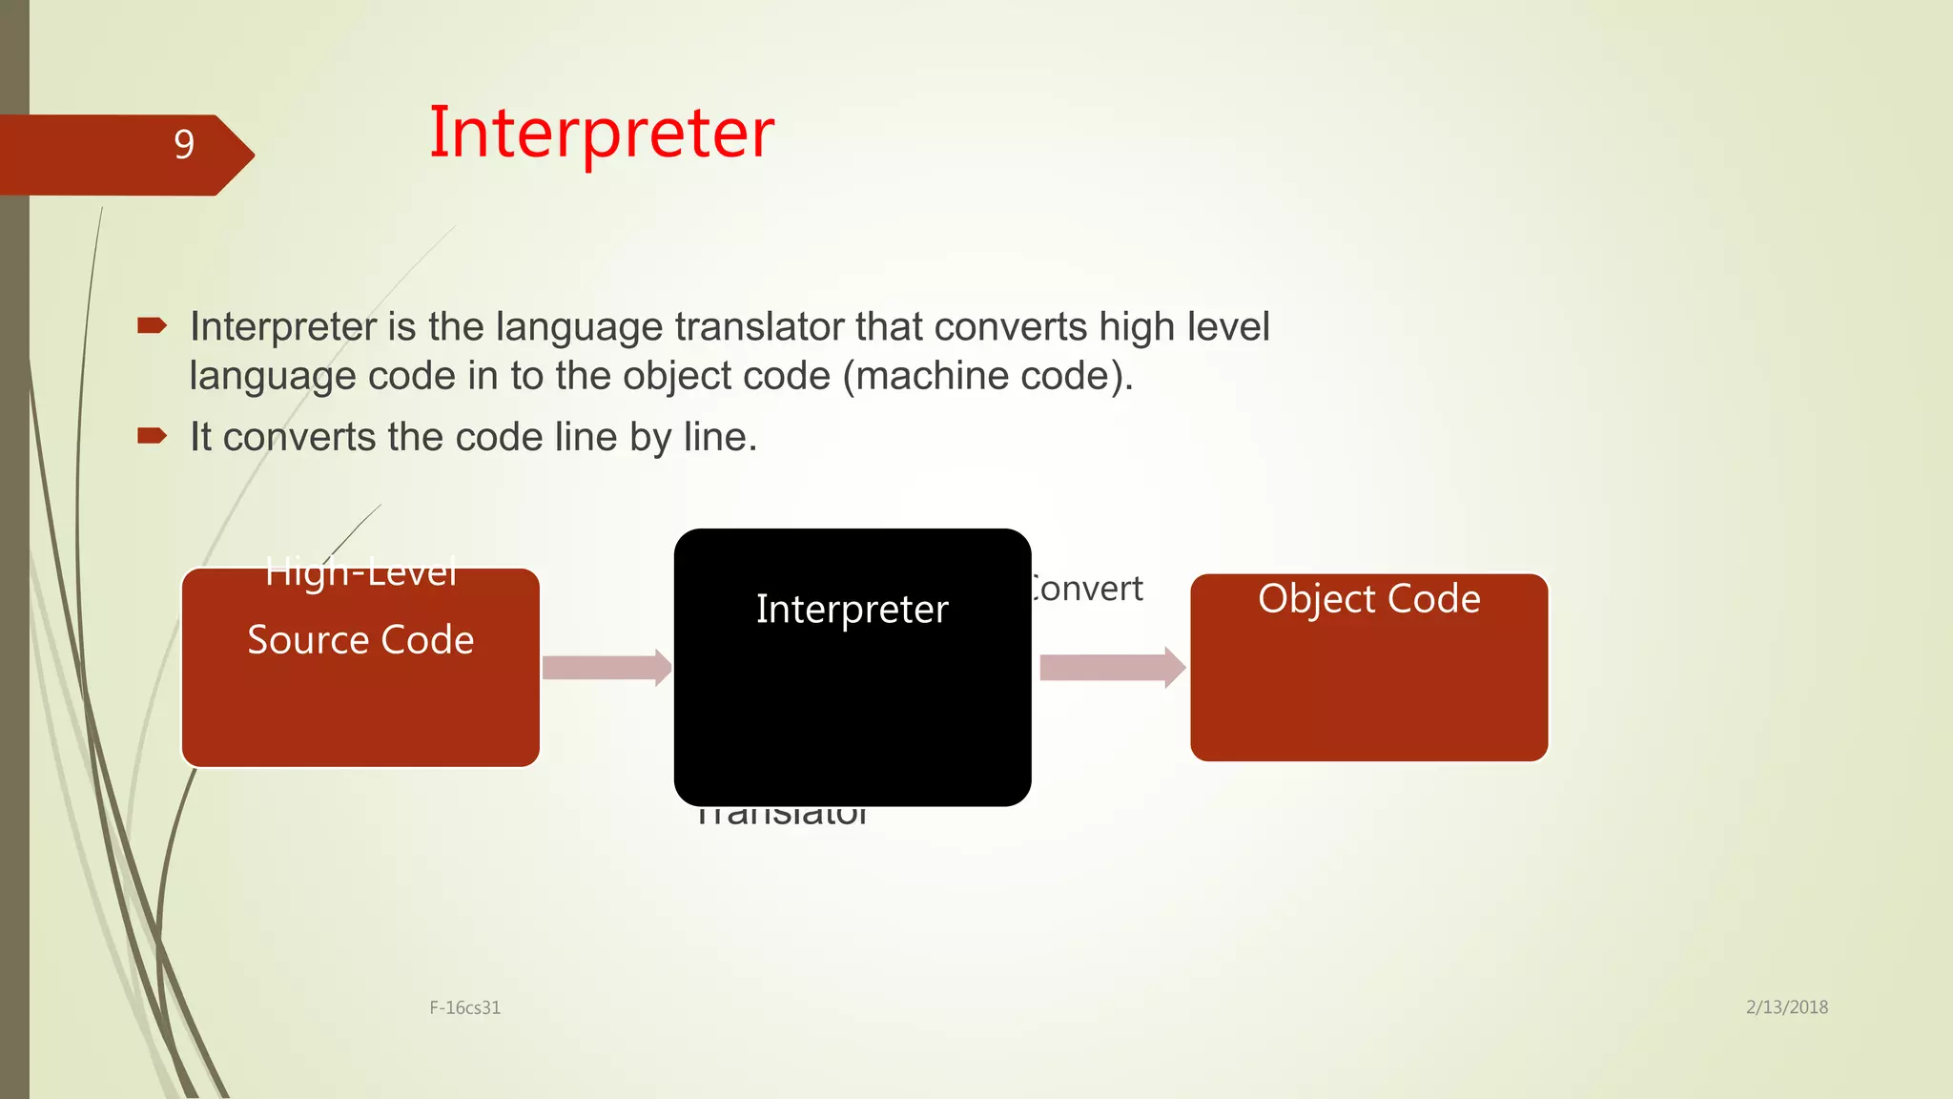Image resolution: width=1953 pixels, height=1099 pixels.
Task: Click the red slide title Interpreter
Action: pyautogui.click(x=601, y=133)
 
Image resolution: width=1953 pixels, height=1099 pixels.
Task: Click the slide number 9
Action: pyautogui.click(x=184, y=144)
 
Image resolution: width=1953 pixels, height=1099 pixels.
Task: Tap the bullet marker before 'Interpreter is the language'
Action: pyautogui.click(x=152, y=326)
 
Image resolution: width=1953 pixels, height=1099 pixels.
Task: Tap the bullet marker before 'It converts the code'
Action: pyautogui.click(x=152, y=437)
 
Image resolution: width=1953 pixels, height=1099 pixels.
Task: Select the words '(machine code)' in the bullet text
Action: pyautogui.click(x=987, y=376)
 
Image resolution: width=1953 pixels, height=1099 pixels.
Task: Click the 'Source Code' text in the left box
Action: pyautogui.click(x=360, y=639)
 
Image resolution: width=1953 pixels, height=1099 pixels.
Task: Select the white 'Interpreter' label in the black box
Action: pyautogui.click(x=852, y=609)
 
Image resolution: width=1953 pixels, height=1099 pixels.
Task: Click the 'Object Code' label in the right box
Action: pyautogui.click(x=1368, y=599)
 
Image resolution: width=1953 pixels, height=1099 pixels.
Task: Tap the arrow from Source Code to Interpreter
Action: pyautogui.click(x=606, y=668)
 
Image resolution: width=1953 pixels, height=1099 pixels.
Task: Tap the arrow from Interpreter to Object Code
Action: pyautogui.click(x=1112, y=668)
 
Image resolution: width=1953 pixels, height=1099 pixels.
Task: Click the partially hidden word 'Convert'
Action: pyautogui.click(x=1088, y=589)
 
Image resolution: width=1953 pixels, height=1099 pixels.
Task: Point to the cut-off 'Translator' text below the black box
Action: pyautogui.click(x=782, y=816)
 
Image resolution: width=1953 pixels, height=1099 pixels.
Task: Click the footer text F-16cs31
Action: pyautogui.click(x=464, y=1007)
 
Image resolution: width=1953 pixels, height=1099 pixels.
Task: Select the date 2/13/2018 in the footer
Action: pyautogui.click(x=1786, y=1007)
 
